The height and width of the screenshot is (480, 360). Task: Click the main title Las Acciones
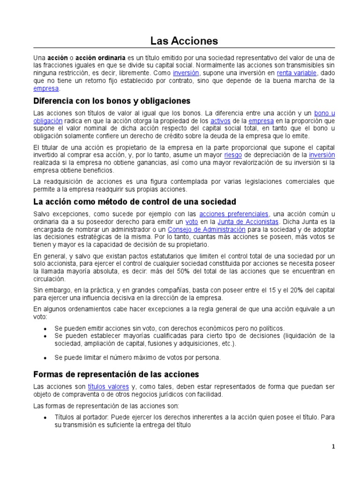click(184, 41)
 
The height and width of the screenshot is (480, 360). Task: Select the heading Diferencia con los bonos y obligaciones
click(112, 101)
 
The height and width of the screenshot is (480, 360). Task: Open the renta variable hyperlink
click(297, 73)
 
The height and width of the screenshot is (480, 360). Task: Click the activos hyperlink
click(220, 120)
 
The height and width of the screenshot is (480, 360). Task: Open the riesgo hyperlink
click(233, 155)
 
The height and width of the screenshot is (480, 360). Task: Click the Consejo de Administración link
click(206, 229)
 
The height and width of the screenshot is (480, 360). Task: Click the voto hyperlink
click(192, 221)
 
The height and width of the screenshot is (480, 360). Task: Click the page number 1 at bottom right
click(333, 447)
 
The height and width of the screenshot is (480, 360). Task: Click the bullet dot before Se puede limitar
click(45, 358)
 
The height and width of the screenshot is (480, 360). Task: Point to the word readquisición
click(63, 181)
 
